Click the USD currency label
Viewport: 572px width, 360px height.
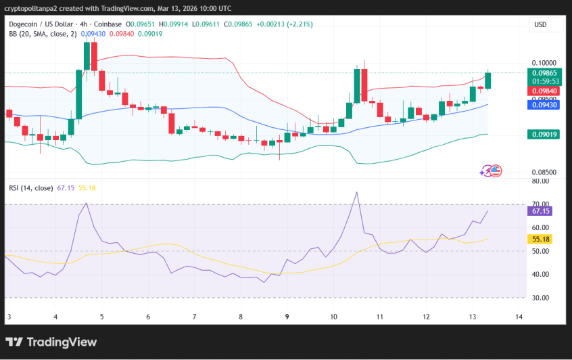click(x=540, y=24)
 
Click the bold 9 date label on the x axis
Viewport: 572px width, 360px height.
click(x=287, y=317)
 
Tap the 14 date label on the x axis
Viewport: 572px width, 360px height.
click(x=519, y=317)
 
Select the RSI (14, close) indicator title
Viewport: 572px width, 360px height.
click(x=30, y=187)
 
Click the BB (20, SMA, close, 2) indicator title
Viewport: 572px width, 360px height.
click(x=43, y=33)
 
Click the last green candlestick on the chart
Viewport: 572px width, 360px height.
click(x=488, y=80)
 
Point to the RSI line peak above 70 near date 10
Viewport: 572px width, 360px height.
click(x=356, y=192)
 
